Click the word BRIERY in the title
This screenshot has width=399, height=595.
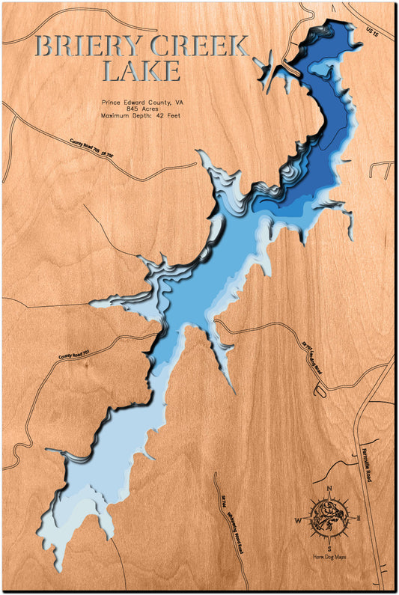click(x=88, y=47)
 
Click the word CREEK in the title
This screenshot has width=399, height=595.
click(x=201, y=47)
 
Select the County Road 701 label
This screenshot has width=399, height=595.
click(x=79, y=348)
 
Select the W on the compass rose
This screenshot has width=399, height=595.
click(x=297, y=520)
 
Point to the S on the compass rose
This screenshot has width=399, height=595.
click(x=329, y=547)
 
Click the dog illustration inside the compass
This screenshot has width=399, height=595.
click(x=329, y=519)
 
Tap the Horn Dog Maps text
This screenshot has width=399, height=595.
click(x=329, y=558)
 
